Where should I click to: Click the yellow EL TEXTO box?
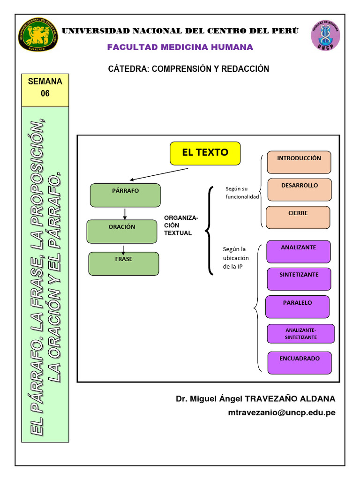205,153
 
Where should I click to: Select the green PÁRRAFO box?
125,195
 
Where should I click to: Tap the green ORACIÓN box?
122,232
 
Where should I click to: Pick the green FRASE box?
124,263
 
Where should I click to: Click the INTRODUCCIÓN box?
299,162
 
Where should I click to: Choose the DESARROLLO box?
299,189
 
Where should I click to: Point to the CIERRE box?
298,217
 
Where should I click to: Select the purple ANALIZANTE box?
298,251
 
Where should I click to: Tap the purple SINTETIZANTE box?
299,279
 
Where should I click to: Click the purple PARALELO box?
297,307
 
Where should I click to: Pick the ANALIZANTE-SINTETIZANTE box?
300,334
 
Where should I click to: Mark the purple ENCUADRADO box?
300,362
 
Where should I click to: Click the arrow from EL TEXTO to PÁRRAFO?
159,174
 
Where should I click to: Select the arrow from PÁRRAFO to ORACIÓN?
125,213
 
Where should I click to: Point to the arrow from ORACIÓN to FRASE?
123,248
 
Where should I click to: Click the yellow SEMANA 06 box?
45,90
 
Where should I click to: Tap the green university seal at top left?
37,37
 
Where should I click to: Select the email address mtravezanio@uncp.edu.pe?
282,412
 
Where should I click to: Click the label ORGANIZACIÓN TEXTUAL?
181,225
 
